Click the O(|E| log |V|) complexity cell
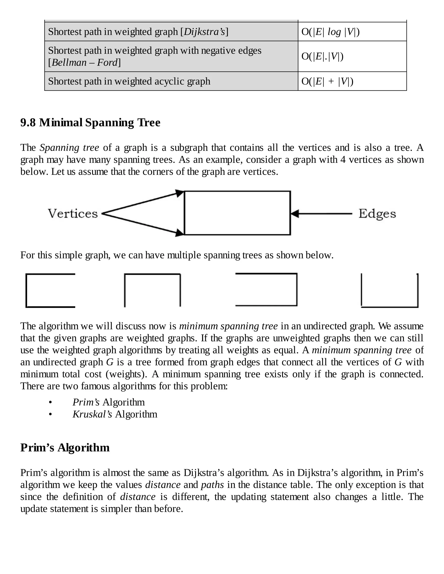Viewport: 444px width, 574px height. pyautogui.click(x=330, y=32)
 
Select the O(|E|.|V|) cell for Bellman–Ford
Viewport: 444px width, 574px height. pyautogui.click(x=322, y=56)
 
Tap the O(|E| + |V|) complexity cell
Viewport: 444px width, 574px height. pyautogui.click(x=327, y=81)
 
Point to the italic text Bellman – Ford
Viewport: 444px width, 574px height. pyautogui.click(x=84, y=63)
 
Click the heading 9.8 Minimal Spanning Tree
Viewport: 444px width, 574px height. pyautogui.click(x=90, y=122)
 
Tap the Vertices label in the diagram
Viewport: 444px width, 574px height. pyautogui.click(x=73, y=213)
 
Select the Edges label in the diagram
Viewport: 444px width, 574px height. pyautogui.click(x=377, y=214)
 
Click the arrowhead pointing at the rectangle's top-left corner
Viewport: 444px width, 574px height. pyautogui.click(x=180, y=193)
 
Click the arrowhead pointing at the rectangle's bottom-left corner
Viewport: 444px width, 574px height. pyautogui.click(x=180, y=233)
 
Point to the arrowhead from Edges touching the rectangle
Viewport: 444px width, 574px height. pyautogui.click(x=295, y=214)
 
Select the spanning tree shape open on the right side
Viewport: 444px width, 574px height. pyautogui.click(x=50, y=290)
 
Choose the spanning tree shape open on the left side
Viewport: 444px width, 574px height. pyautogui.click(x=266, y=290)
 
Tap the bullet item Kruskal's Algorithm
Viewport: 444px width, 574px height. pyautogui.click(x=115, y=414)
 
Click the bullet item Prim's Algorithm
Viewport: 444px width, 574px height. pyautogui.click(x=108, y=402)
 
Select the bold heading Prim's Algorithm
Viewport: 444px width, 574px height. pyautogui.click(x=65, y=448)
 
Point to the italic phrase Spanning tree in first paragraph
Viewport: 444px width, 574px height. pyautogui.click(x=69, y=148)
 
